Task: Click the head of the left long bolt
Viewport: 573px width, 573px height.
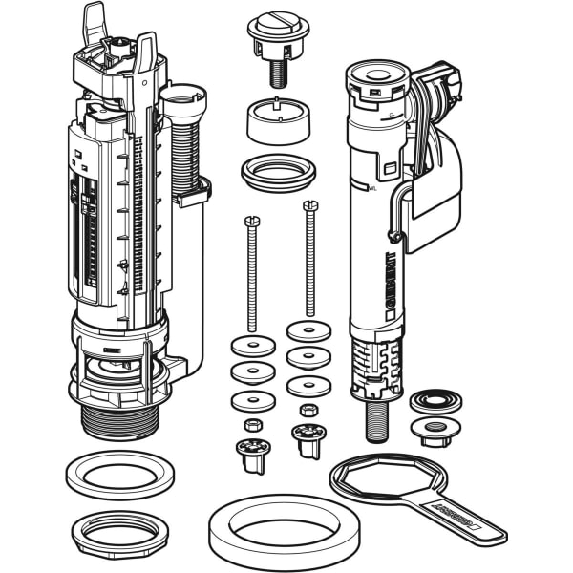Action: [252, 222]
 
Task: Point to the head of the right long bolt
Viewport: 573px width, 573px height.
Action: [309, 205]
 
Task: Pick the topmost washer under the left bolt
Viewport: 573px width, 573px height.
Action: [253, 346]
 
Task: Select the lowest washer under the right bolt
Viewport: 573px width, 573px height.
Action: [308, 386]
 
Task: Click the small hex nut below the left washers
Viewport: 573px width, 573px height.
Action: [254, 424]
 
